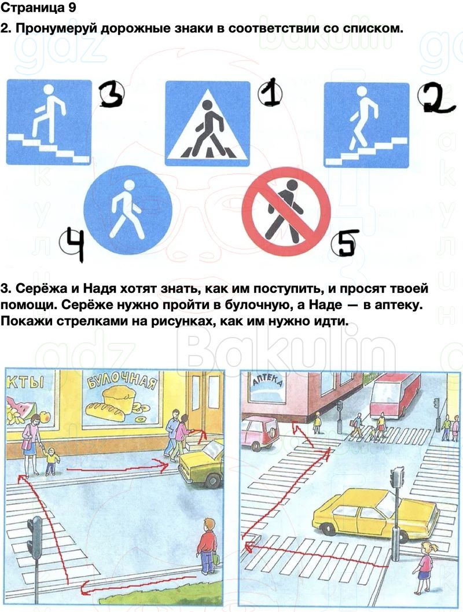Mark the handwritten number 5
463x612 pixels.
(345, 243)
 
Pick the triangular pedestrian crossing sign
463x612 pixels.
(208, 123)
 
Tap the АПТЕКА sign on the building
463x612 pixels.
(267, 380)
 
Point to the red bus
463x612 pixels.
(395, 395)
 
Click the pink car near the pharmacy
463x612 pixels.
(259, 434)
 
